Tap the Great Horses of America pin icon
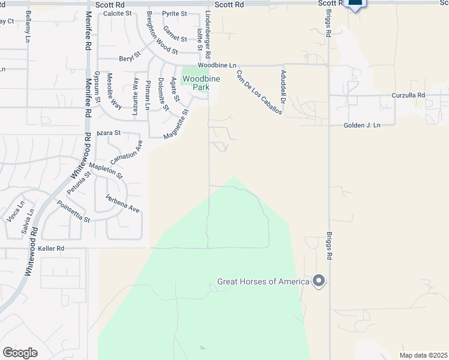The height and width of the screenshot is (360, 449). tap(319, 281)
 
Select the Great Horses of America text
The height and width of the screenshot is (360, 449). tap(263, 281)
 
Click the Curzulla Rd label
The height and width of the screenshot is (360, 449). tap(408, 95)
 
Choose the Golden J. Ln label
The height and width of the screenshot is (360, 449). tap(362, 125)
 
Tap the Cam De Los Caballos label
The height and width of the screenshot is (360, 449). tap(259, 96)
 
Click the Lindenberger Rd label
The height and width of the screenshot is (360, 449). tap(208, 37)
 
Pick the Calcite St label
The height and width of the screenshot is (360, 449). tap(117, 13)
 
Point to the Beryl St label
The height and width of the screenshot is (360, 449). tap(129, 57)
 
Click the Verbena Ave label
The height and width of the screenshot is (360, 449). tap(122, 204)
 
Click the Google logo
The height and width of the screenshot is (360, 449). tap(20, 352)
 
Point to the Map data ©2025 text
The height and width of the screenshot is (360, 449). tap(423, 355)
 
